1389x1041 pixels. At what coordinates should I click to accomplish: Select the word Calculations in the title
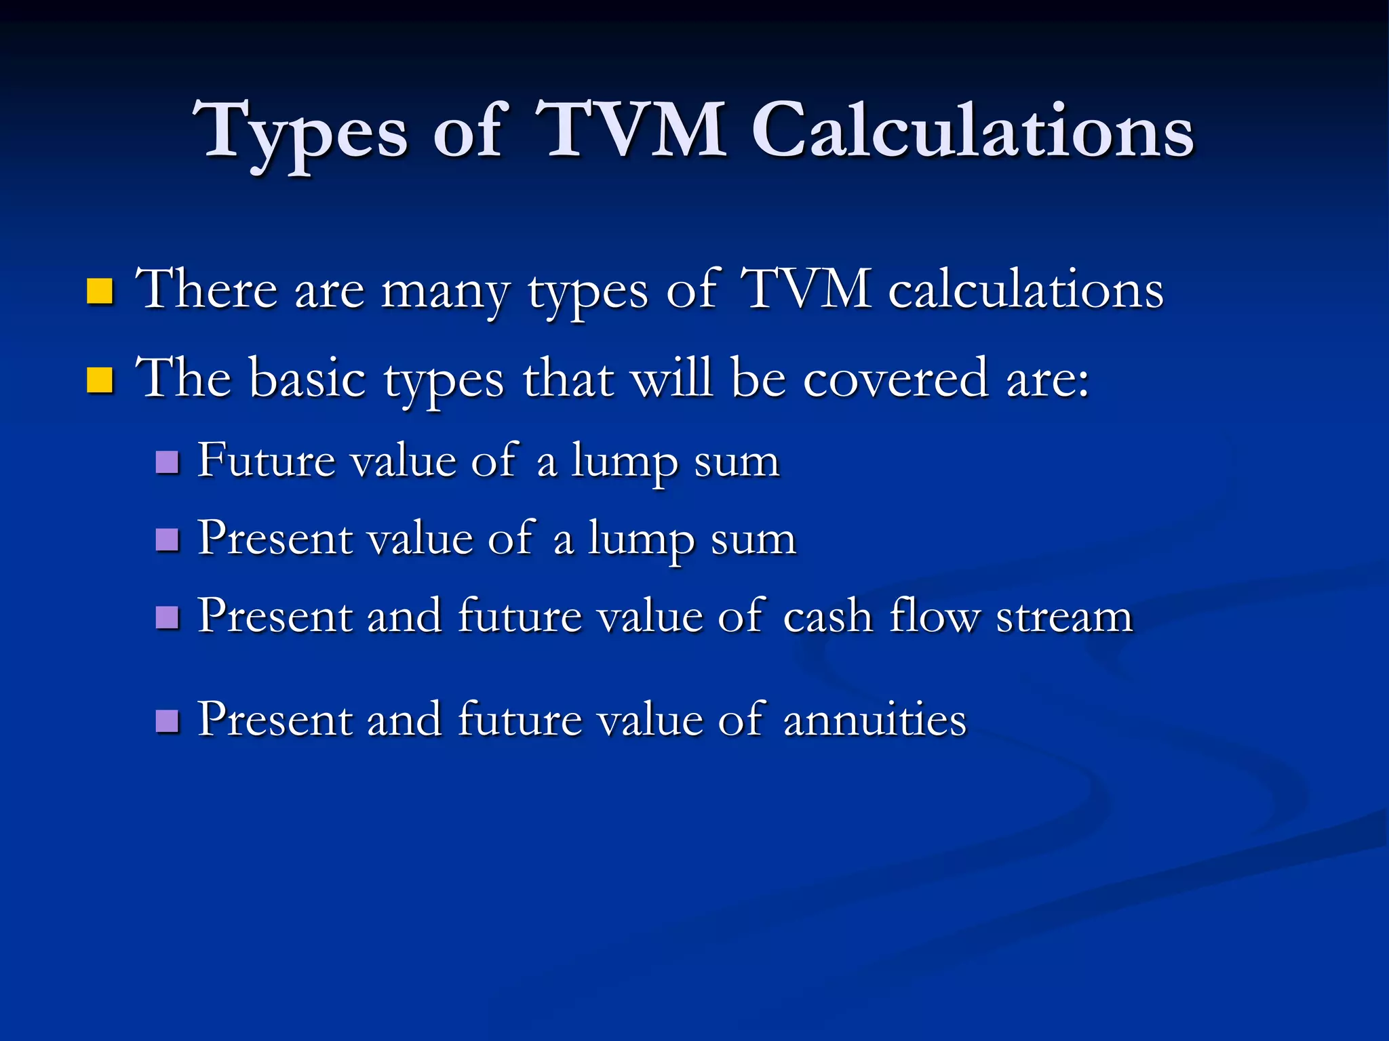click(x=972, y=130)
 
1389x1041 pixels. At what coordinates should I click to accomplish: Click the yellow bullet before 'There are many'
click(x=100, y=291)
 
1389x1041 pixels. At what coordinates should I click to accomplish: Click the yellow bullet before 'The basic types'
click(x=100, y=380)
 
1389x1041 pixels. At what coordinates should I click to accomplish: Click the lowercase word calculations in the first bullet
click(x=1025, y=290)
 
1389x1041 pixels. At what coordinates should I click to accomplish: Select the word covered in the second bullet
click(x=895, y=379)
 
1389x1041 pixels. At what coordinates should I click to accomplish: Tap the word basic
click(x=308, y=379)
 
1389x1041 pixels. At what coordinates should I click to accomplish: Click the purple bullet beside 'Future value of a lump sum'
click(x=167, y=462)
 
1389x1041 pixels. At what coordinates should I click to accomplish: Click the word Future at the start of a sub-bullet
click(x=267, y=461)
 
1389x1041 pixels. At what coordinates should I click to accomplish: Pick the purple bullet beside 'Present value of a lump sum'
click(x=167, y=540)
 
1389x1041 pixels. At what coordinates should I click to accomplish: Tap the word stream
click(x=1064, y=617)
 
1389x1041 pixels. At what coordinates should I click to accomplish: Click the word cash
click(x=827, y=616)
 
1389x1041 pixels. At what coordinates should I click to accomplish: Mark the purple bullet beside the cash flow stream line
click(x=167, y=617)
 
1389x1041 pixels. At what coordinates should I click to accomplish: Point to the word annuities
click(x=874, y=720)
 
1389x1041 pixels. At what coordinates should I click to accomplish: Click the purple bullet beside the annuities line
click(x=167, y=721)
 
